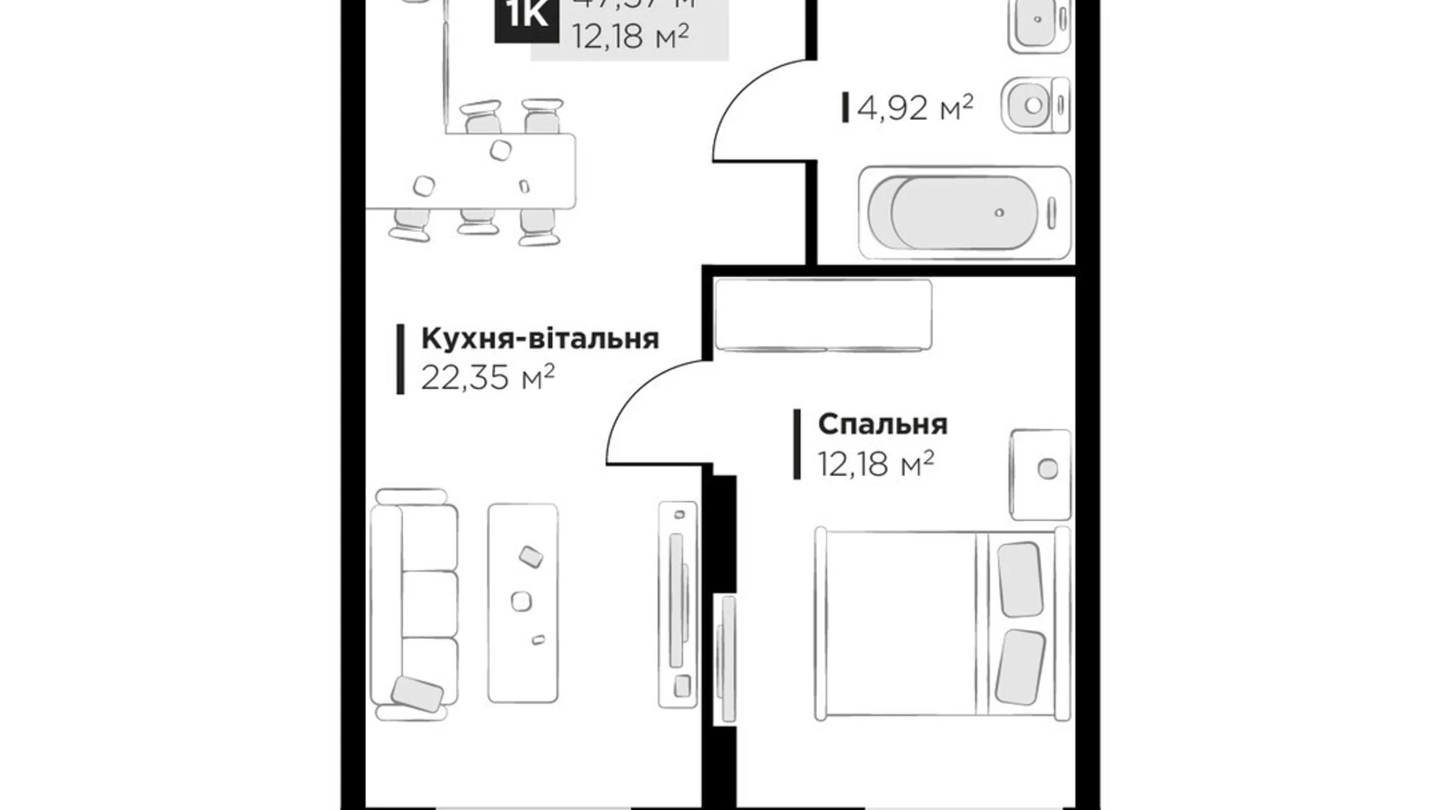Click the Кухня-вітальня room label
coord(540,339)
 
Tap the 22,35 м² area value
coord(488,379)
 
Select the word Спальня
coord(883,424)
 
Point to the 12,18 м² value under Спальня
coord(876,465)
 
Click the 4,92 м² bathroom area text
coord(914,107)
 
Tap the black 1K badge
coord(527,17)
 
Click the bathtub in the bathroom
coord(964,212)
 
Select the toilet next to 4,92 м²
coord(1035,105)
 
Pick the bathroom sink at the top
coord(1038,23)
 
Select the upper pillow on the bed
coord(1020,579)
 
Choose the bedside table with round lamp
coord(1040,474)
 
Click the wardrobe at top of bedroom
coord(823,315)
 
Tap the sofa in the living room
coord(414,604)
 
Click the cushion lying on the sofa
coord(417,693)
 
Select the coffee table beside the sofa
coord(523,604)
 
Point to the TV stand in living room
coord(678,604)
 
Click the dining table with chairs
coord(499,171)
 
